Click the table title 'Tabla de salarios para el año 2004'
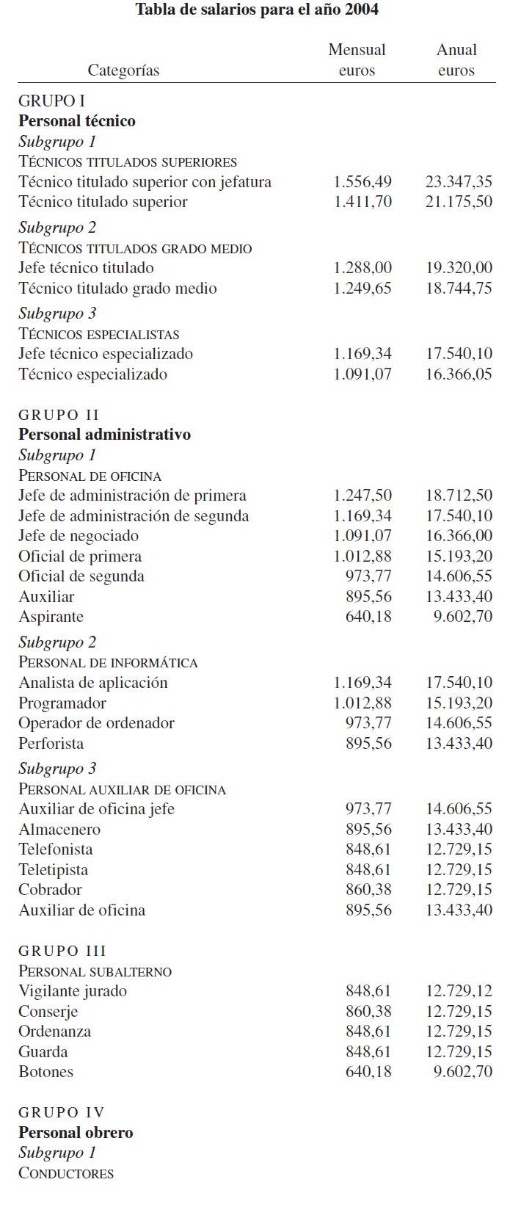(x=257, y=10)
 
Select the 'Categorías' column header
(x=123, y=70)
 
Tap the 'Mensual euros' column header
(x=357, y=60)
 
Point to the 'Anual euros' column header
(x=456, y=60)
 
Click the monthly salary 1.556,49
(x=362, y=181)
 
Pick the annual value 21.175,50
(x=459, y=201)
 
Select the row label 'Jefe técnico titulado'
(x=86, y=268)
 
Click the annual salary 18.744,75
(x=459, y=288)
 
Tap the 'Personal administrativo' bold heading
(x=104, y=435)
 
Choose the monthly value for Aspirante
(x=368, y=616)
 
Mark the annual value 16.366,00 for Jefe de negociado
(x=459, y=536)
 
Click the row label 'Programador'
(x=62, y=703)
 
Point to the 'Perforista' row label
(x=51, y=743)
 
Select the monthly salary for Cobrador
(x=368, y=889)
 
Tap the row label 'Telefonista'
(x=56, y=849)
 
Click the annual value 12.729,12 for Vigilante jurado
(x=459, y=991)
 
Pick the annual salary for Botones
(x=463, y=1071)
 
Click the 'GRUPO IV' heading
(x=62, y=1112)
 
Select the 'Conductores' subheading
(x=66, y=1173)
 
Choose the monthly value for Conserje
(x=368, y=1011)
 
